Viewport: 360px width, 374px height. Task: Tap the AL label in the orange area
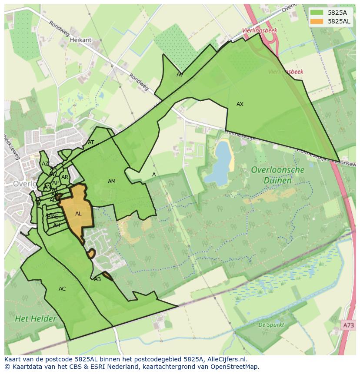[x=78, y=214]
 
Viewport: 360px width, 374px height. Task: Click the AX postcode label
[x=240, y=104]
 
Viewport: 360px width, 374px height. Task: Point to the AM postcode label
[x=112, y=182]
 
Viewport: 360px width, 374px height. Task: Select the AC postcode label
[x=62, y=289]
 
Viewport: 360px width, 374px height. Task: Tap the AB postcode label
[x=97, y=279]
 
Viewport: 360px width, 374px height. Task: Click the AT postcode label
[x=91, y=142]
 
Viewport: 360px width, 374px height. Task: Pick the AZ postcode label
[x=45, y=164]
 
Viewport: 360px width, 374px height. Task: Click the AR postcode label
[x=65, y=177]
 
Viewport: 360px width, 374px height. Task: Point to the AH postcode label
[x=57, y=225]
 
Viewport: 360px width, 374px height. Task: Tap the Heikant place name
[x=80, y=40]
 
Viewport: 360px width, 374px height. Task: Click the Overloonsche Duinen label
[x=278, y=175]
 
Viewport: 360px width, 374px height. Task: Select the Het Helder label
[x=36, y=319]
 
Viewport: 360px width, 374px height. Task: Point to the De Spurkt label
[x=271, y=324]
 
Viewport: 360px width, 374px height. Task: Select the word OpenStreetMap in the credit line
[x=235, y=367]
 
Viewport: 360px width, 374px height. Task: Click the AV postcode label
[x=180, y=75]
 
